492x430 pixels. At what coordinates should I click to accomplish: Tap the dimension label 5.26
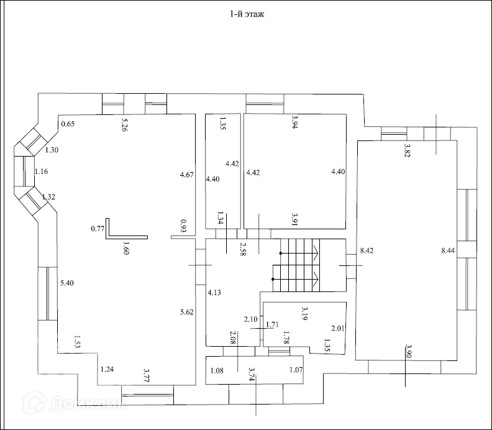point(124,124)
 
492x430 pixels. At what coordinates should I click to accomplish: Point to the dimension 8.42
point(367,252)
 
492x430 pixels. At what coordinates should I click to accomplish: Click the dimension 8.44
point(447,251)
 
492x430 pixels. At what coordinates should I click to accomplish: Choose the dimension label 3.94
point(296,123)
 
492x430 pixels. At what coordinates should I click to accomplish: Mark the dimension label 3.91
point(296,218)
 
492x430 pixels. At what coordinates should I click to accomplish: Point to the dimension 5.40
point(66,283)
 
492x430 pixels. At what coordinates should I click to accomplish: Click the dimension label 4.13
point(214,291)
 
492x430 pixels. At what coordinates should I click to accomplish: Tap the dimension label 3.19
point(304,313)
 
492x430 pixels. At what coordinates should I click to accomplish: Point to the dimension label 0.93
point(183,226)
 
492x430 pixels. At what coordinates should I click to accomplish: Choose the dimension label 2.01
point(337,328)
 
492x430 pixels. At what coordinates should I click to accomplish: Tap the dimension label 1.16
point(41,172)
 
